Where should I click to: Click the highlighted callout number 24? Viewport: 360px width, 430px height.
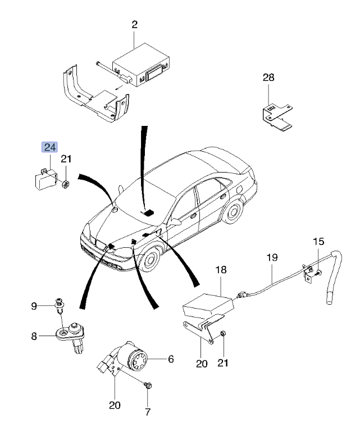pos(49,147)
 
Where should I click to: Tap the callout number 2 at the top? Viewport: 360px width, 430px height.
pos(134,25)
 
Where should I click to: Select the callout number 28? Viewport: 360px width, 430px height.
pos(268,78)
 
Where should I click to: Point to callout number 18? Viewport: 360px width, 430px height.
pos(221,270)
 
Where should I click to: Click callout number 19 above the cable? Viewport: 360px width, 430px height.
pos(272,257)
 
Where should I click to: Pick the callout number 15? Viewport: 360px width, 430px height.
pos(318,242)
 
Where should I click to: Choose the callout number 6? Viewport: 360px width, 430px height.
pos(171,359)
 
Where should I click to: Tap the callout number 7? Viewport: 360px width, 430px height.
pos(148,412)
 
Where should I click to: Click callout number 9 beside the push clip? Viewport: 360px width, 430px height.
pos(34,306)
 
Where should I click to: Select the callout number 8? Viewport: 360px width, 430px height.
pos(34,336)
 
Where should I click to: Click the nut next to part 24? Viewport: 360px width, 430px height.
pos(65,184)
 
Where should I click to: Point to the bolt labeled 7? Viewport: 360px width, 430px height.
pos(148,386)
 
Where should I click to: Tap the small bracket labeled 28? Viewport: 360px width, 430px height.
pos(276,116)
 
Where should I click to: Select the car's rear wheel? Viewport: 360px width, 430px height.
pos(233,211)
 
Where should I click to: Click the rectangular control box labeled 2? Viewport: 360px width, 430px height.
pos(141,65)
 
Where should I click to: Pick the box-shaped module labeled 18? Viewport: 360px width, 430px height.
pos(209,306)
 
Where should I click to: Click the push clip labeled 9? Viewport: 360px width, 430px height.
pos(60,305)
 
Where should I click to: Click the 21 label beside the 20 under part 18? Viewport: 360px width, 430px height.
pos(223,363)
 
